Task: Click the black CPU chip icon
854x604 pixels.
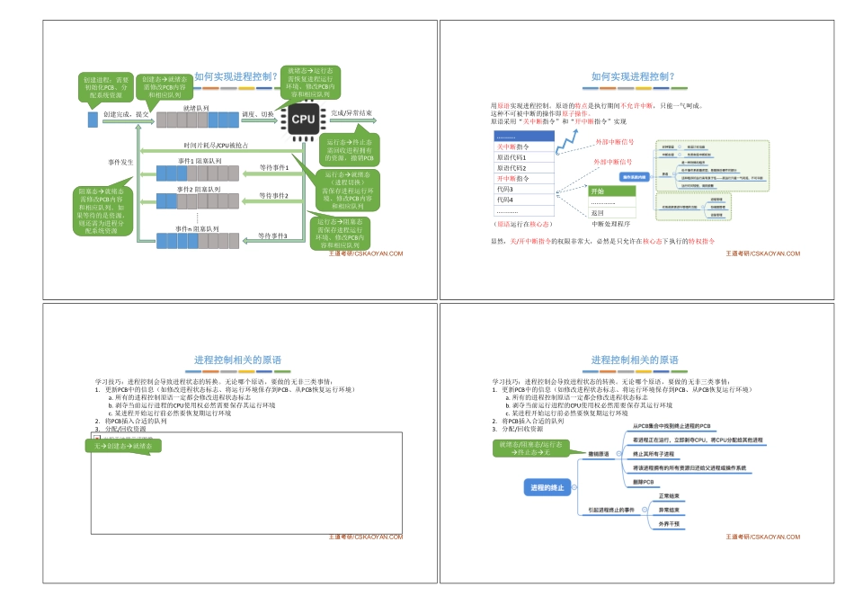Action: (302, 119)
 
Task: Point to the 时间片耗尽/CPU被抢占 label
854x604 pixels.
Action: (216, 145)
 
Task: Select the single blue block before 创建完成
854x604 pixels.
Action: (93, 119)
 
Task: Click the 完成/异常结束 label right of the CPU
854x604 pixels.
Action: (351, 114)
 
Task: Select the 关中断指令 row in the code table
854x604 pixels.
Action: (518, 147)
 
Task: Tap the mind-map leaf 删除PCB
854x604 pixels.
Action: (644, 483)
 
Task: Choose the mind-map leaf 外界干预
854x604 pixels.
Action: (670, 522)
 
